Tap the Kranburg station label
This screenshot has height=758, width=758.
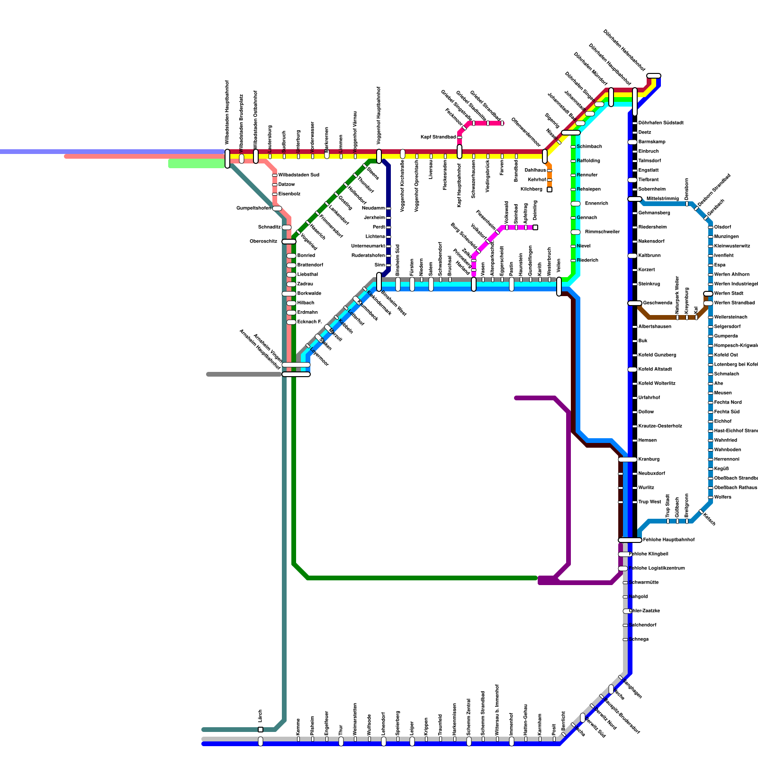tap(649, 459)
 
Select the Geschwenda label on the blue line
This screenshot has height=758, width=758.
tap(658, 303)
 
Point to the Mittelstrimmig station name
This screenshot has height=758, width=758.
tap(662, 199)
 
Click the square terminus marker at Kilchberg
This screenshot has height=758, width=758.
tap(550, 189)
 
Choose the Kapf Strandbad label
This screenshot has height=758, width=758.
tap(438, 137)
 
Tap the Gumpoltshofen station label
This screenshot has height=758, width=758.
tap(253, 208)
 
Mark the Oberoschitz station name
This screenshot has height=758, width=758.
tap(263, 242)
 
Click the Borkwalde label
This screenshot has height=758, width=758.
tap(309, 294)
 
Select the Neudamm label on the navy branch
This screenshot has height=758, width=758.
tap(373, 208)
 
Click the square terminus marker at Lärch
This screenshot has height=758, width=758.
tap(261, 730)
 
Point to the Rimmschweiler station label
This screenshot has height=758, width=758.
tap(602, 232)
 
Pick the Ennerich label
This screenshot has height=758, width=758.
tap(596, 204)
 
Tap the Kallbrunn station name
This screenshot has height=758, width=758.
tap(649, 256)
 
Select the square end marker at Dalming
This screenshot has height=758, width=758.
tap(535, 227)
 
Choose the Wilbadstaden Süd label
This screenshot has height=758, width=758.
tap(298, 175)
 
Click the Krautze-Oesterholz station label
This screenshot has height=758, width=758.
tap(660, 426)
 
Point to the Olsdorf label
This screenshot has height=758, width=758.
tap(722, 227)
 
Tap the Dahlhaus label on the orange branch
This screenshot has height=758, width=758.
tap(535, 171)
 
